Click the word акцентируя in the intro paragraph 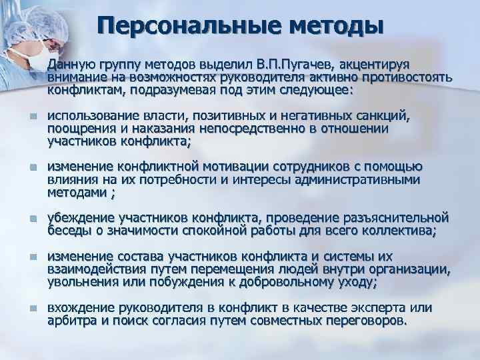376,65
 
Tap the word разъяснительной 398,219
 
